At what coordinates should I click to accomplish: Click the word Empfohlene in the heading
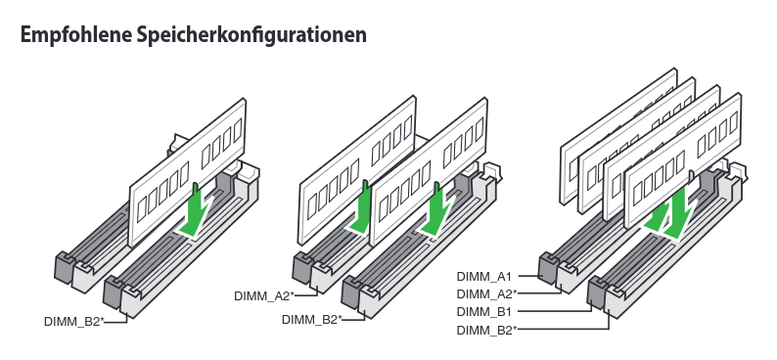pyautogui.click(x=69, y=35)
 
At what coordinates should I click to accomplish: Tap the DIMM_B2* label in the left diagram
pyautogui.click(x=74, y=321)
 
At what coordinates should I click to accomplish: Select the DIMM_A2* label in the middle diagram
pyautogui.click(x=264, y=296)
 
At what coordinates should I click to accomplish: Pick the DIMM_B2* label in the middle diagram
pyautogui.click(x=312, y=319)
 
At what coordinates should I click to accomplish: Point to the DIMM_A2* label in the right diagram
pyautogui.click(x=486, y=293)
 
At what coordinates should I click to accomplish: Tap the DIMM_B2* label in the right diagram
pyautogui.click(x=486, y=330)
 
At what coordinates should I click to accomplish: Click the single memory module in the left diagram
pyautogui.click(x=187, y=172)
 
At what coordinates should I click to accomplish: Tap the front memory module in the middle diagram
pyautogui.click(x=429, y=172)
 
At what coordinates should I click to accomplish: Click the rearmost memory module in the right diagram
pyautogui.click(x=618, y=136)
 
